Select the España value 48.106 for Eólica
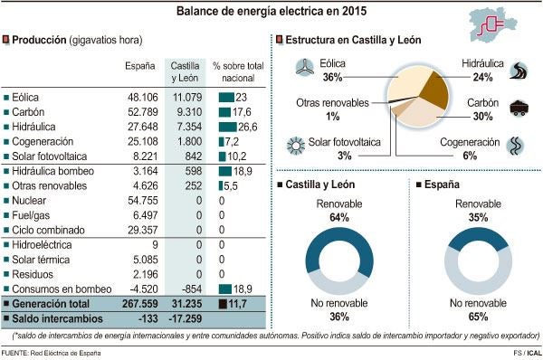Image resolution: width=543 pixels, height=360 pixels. point(141,97)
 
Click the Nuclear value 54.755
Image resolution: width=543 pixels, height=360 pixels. point(141,200)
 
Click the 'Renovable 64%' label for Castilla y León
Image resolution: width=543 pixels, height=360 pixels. point(339,211)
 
